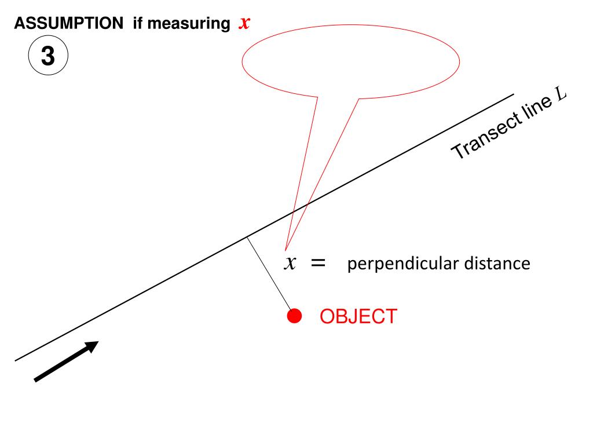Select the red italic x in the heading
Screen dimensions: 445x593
(x=244, y=23)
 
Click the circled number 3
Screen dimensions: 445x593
(x=48, y=57)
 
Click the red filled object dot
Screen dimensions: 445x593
(x=295, y=316)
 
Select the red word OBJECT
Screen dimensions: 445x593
(x=358, y=316)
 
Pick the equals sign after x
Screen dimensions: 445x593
(x=318, y=263)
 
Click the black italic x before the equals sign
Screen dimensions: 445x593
(x=290, y=263)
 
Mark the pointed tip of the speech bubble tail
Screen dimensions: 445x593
(x=285, y=246)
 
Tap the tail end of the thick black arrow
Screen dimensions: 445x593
(x=36, y=380)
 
